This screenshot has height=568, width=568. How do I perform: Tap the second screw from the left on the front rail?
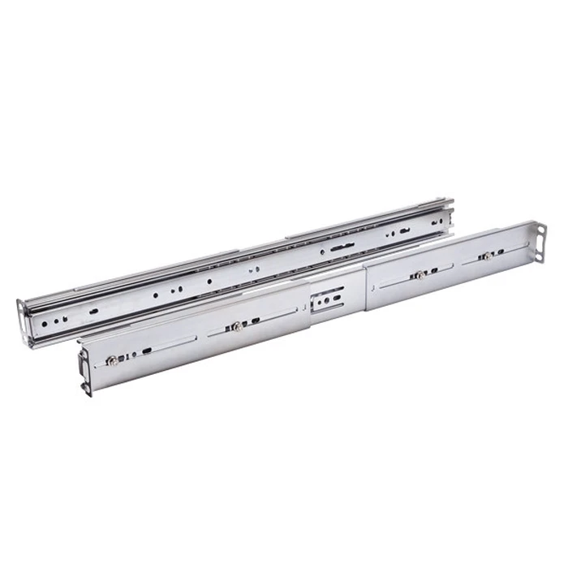coord(235,327)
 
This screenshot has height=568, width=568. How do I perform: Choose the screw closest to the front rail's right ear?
coord(485,256)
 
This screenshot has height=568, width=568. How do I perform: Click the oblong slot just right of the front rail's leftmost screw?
coord(148,351)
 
